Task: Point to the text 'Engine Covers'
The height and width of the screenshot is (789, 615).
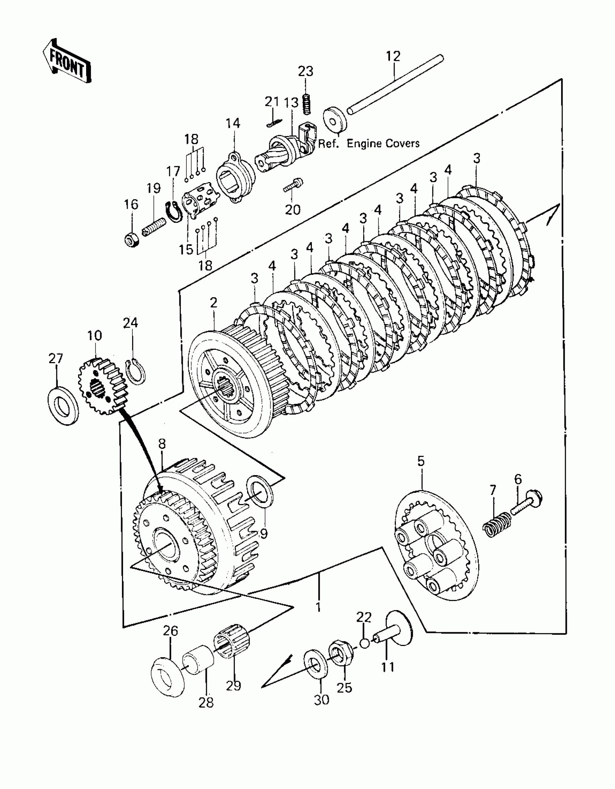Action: click(x=383, y=143)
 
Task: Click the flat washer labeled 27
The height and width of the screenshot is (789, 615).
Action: click(x=64, y=406)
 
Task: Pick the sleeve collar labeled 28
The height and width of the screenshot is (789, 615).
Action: click(x=199, y=659)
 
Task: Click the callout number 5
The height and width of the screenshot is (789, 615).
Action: click(x=420, y=461)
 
